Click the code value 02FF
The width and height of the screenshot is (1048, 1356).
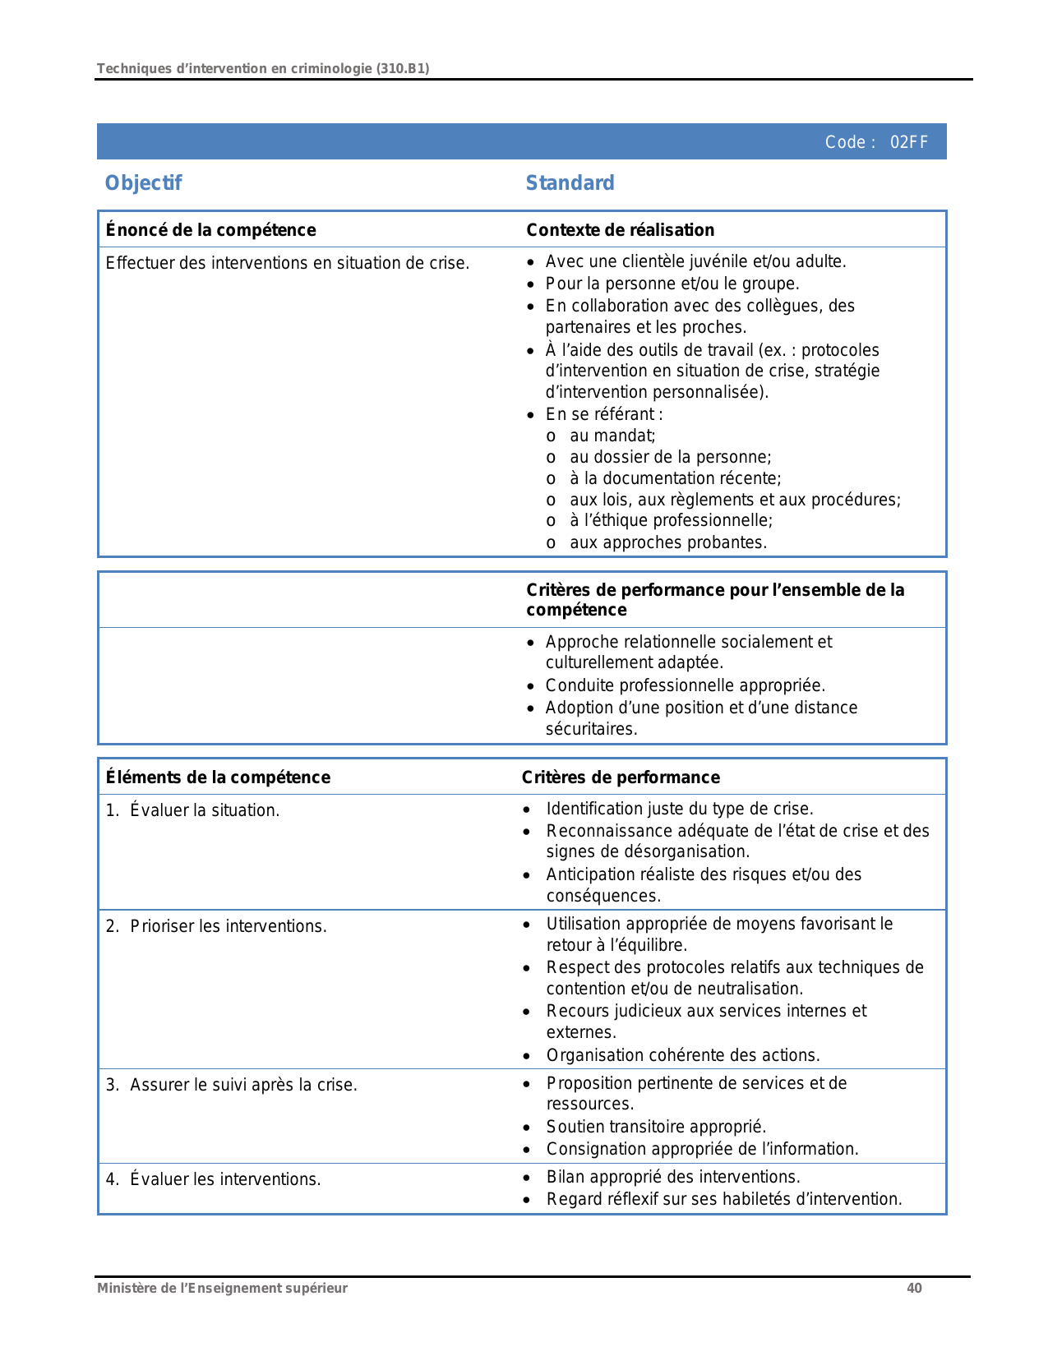tap(909, 142)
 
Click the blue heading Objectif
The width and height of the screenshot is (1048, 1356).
tap(143, 182)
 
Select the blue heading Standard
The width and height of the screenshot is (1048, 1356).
tap(570, 182)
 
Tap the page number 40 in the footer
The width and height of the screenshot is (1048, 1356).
tap(914, 1288)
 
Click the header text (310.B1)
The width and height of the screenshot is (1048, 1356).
tap(403, 68)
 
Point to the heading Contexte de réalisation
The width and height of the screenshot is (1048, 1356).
tap(620, 230)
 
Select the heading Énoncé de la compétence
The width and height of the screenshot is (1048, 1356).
tap(210, 230)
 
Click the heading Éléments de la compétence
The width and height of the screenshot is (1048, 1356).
tap(218, 777)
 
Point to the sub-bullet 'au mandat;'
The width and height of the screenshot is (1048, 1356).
tap(612, 436)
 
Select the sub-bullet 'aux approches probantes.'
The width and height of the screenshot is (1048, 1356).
tap(667, 542)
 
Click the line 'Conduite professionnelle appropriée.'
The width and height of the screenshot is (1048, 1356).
tap(685, 685)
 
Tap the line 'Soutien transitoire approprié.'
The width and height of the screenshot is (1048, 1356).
tap(656, 1127)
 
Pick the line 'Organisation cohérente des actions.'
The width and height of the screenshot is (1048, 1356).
tap(683, 1055)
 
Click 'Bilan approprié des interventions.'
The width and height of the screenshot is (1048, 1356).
tap(673, 1177)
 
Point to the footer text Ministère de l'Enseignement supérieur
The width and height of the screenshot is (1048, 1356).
tap(222, 1288)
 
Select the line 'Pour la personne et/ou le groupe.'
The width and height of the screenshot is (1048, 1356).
tap(672, 284)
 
